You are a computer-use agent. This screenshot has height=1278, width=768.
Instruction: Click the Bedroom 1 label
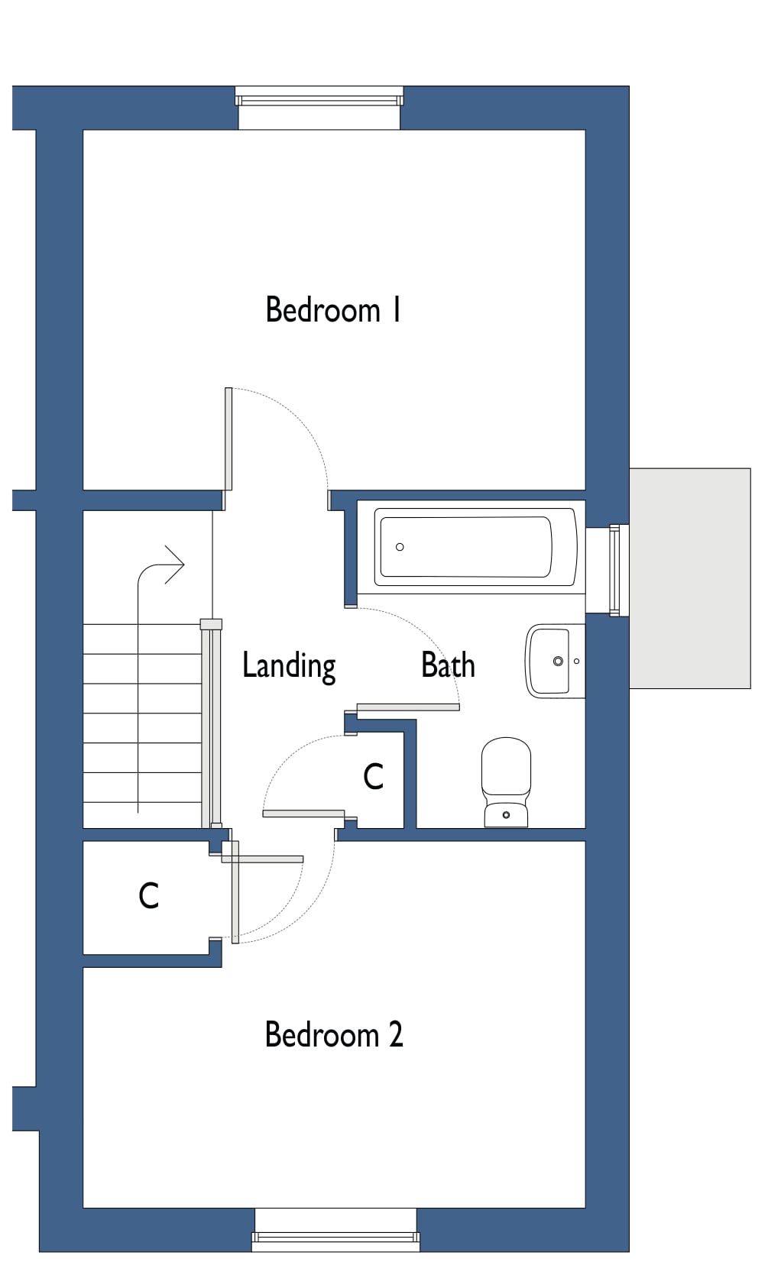(x=333, y=310)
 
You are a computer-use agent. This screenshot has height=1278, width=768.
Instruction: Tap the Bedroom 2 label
(x=333, y=1035)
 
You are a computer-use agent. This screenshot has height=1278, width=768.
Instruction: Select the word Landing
(x=289, y=665)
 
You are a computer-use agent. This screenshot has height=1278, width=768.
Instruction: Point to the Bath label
(x=448, y=665)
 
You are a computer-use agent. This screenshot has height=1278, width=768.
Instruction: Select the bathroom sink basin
(x=549, y=661)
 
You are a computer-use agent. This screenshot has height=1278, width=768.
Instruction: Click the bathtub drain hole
(x=400, y=547)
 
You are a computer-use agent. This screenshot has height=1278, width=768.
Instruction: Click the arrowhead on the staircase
(x=177, y=565)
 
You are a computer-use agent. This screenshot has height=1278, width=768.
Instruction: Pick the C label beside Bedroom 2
(x=149, y=896)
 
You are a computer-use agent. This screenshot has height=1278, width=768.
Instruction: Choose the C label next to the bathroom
(x=373, y=777)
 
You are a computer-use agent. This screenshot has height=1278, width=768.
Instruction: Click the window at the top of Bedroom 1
(x=319, y=97)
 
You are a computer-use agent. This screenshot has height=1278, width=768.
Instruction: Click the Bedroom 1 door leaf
(x=228, y=438)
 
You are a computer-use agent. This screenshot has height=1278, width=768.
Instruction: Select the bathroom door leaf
(x=408, y=707)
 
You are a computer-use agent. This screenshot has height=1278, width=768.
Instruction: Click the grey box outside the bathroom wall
(x=689, y=578)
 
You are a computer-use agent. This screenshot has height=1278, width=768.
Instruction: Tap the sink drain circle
(x=558, y=661)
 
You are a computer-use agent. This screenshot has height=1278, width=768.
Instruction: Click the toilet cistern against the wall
(x=506, y=816)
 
